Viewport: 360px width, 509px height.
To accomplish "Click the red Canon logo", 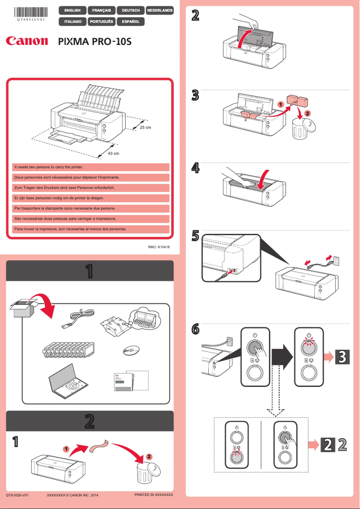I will (x=27, y=41).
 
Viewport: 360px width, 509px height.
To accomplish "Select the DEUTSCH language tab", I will (x=131, y=10).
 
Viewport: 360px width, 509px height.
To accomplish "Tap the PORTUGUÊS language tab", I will (x=101, y=21).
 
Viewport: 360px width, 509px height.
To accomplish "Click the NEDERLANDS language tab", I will (x=159, y=10).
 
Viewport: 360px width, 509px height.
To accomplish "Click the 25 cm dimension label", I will (x=145, y=127).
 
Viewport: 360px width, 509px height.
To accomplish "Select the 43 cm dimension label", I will (x=114, y=154).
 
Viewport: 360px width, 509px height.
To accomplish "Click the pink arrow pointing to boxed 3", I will (x=328, y=357).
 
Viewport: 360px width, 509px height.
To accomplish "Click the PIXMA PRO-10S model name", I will (x=95, y=42).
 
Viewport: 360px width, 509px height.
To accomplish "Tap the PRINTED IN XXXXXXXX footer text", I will (x=154, y=494).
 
